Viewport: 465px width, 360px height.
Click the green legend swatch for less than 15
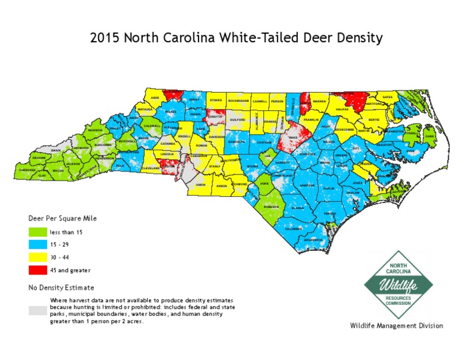click(x=38, y=231)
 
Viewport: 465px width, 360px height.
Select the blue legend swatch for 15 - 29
click(x=38, y=244)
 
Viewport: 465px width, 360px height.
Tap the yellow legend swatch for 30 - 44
click(x=38, y=258)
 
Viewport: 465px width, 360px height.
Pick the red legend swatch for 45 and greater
click(x=38, y=270)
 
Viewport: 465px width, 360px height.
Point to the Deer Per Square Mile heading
click(x=62, y=218)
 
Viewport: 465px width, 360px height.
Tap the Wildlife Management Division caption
click(x=397, y=326)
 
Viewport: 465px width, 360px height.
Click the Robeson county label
click(x=271, y=207)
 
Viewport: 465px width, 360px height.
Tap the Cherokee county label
click(x=27, y=170)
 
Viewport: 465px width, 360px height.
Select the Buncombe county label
click(x=103, y=145)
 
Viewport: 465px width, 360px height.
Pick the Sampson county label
click(x=307, y=185)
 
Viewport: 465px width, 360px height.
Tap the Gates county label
click(x=388, y=97)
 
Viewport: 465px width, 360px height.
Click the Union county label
click(x=200, y=184)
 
